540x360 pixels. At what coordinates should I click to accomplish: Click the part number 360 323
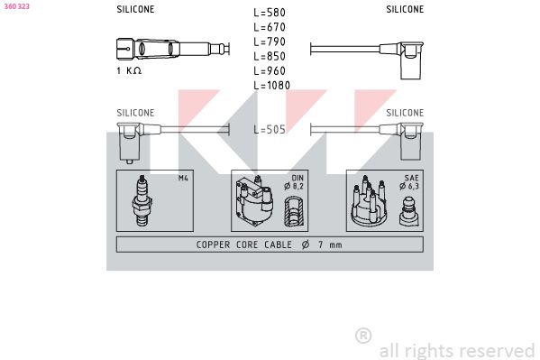[16, 6]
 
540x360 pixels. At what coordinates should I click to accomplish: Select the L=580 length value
[270, 13]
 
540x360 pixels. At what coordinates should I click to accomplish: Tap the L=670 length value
[270, 27]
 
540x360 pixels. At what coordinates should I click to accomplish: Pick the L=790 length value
[270, 42]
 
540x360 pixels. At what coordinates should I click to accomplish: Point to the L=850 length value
[270, 56]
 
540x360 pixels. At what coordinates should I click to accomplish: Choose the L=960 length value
[270, 70]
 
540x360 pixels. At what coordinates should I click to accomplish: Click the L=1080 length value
[272, 85]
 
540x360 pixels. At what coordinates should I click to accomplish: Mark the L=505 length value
[270, 129]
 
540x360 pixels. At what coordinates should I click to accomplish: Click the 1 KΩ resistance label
[129, 70]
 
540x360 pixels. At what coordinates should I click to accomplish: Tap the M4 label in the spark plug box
[183, 178]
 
